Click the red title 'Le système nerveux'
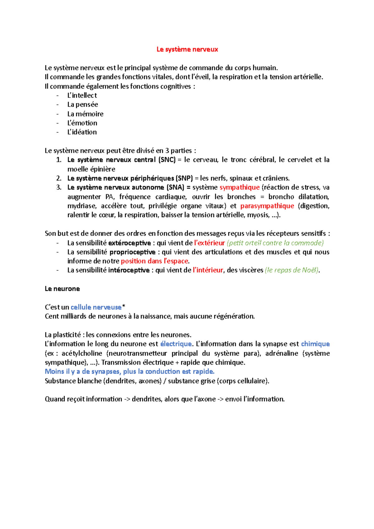point(187,49)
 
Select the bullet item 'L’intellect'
point(82,95)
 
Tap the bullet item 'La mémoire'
point(85,114)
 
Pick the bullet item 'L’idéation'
point(82,132)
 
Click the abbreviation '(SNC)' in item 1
point(167,160)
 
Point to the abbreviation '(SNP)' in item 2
point(184,178)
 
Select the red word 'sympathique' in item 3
point(239,187)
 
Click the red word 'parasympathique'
point(267,206)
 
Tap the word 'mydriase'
point(82,206)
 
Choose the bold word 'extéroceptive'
point(129,243)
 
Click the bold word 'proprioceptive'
point(132,252)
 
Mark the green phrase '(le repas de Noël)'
point(292,270)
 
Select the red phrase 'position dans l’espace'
point(155,261)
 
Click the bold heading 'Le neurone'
point(62,289)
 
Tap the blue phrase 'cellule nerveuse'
point(96,307)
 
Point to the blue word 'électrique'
point(176,344)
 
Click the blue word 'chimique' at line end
point(315,344)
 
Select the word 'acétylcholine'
point(82,353)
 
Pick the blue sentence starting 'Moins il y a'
point(130,371)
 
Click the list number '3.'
point(59,187)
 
